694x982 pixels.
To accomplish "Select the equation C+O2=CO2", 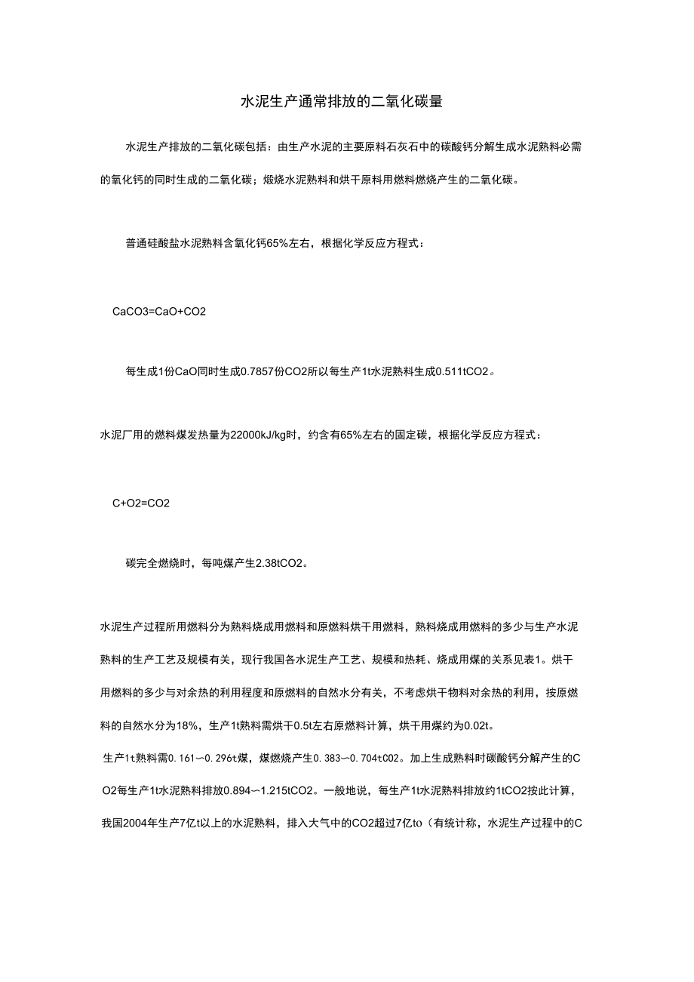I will (x=141, y=503).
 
